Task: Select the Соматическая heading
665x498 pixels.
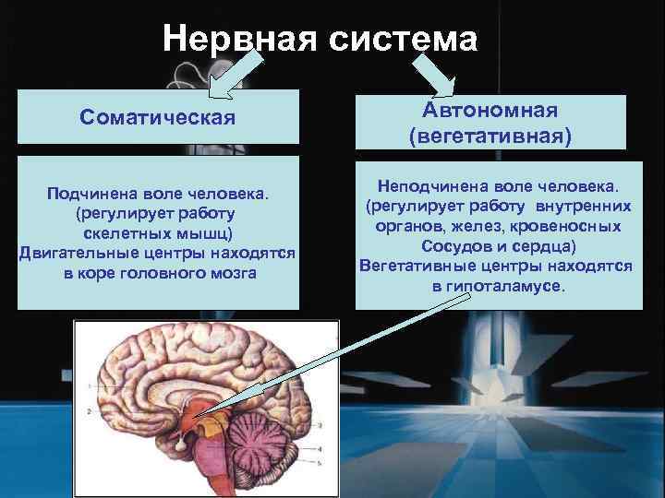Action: [158, 118]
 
